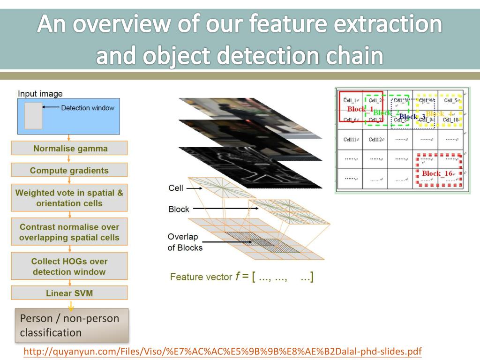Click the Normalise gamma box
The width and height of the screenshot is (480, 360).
69,148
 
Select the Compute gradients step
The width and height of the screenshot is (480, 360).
69,170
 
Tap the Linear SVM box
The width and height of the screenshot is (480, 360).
69,293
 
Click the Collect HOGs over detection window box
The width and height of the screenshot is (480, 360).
69,266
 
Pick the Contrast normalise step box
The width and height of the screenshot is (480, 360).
69,232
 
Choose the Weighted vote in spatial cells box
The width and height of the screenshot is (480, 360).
69,198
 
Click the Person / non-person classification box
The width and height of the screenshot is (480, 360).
72,325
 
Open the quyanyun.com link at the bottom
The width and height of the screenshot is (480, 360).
223,352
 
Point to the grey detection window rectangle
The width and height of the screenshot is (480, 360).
33,115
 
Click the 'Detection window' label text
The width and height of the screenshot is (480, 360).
88,108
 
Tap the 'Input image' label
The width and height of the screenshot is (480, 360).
40,94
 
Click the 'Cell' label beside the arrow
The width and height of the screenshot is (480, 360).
176,188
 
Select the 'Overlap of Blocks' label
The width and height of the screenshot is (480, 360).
185,242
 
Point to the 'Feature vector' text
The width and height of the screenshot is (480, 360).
201,277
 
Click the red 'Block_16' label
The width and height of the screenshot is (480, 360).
437,173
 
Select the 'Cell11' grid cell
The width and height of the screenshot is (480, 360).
350,139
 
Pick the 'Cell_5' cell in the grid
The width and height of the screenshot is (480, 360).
450,100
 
